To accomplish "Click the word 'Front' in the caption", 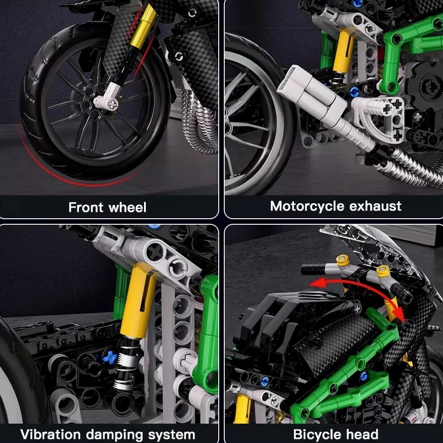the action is [86, 207].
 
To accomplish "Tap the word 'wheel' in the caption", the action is [127, 207].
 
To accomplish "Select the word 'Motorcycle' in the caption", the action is [308, 206].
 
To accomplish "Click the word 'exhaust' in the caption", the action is [376, 206].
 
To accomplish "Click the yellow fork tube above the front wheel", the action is [143, 26].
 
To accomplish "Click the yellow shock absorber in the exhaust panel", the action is [343, 51].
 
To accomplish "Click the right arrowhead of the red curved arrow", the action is [400, 314].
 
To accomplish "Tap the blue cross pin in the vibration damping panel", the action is [109, 357].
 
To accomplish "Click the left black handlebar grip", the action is [313, 269].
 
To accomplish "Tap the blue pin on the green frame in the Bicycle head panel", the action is [364, 376].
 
